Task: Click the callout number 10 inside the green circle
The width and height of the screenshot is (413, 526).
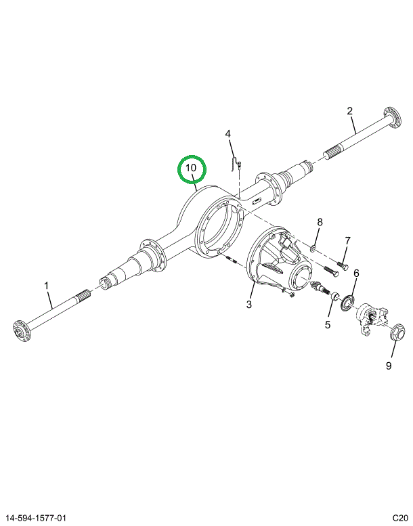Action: click(191, 168)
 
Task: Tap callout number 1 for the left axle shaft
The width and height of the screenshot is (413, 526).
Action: click(47, 286)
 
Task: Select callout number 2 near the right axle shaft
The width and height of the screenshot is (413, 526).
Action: click(350, 111)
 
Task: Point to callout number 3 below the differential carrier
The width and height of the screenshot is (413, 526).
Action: click(249, 305)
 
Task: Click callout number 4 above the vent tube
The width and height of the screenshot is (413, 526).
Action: click(227, 134)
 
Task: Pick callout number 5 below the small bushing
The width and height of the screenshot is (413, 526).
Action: click(328, 325)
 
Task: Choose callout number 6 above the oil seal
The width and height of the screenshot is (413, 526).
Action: click(356, 273)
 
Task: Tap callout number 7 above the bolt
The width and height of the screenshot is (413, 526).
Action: click(347, 240)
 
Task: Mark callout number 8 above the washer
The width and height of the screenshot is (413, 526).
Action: click(320, 222)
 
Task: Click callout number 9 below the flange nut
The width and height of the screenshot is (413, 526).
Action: click(389, 366)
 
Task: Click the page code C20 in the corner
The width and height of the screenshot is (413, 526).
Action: click(401, 519)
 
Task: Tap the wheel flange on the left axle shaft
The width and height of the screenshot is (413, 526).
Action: click(21, 331)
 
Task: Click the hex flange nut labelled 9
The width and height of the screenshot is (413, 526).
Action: click(395, 332)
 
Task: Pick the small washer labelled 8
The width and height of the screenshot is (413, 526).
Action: click(313, 248)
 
